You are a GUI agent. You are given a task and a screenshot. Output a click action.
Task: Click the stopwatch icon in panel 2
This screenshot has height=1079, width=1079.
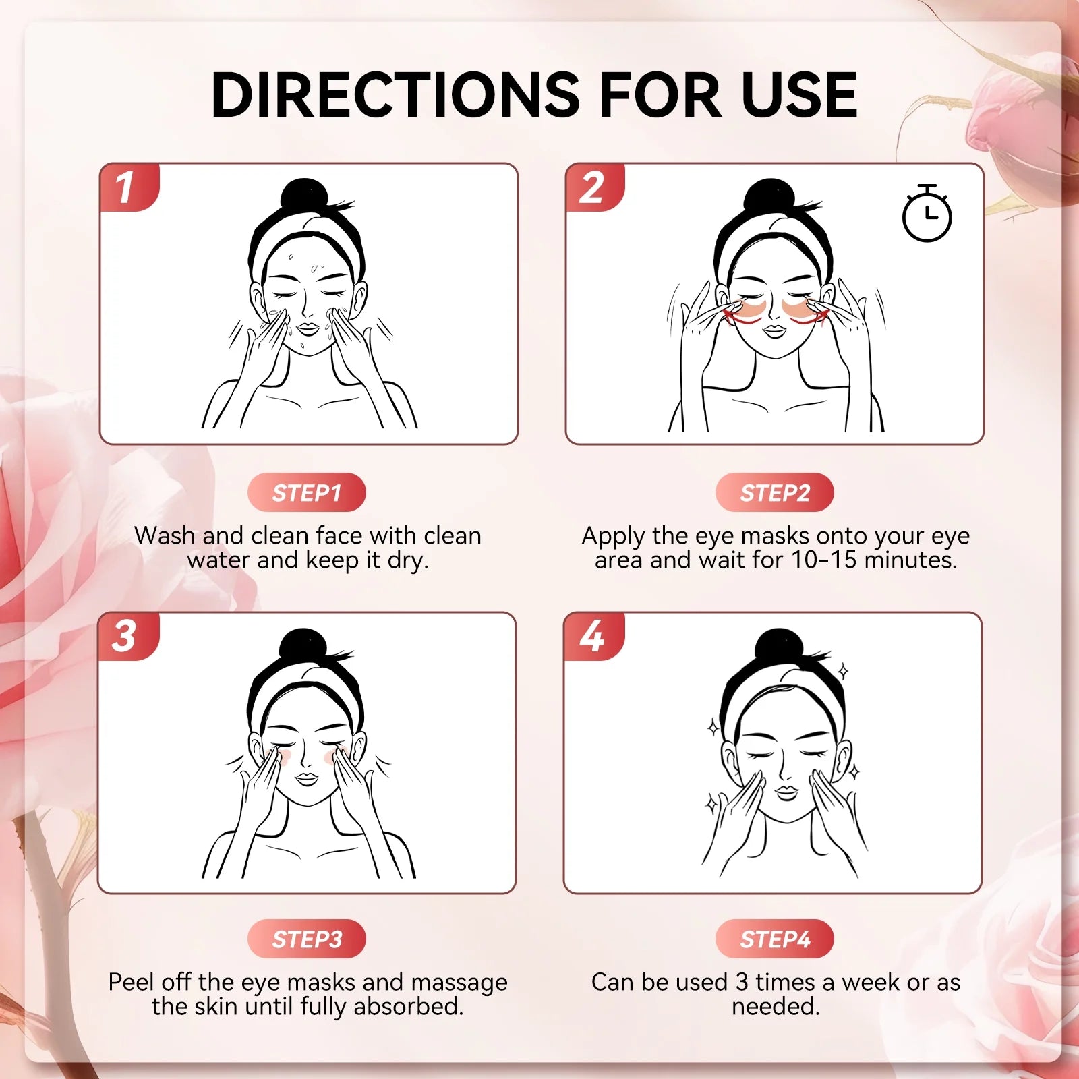[x=927, y=214]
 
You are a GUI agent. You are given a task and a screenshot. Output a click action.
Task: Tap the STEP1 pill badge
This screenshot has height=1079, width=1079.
[x=307, y=493]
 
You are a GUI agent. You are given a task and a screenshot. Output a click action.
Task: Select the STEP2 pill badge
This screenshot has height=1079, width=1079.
[x=775, y=493]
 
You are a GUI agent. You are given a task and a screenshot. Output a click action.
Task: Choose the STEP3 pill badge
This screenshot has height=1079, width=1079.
[x=307, y=939]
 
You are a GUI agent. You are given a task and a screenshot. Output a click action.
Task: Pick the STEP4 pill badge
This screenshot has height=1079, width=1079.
[x=775, y=939]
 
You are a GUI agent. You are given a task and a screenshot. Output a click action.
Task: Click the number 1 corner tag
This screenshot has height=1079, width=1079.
[x=126, y=187]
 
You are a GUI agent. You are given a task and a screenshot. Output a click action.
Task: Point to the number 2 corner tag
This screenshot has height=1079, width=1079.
[x=592, y=187]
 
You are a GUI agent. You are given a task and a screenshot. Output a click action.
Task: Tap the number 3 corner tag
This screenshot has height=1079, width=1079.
[x=125, y=636]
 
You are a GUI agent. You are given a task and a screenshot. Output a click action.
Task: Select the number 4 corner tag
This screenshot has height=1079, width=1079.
[x=591, y=636]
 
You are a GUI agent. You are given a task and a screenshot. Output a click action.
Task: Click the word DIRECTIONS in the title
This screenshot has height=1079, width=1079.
[x=395, y=95]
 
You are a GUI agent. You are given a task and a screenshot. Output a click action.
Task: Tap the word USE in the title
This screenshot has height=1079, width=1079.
[x=798, y=95]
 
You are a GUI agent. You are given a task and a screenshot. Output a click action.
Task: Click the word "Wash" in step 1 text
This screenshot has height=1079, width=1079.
[x=165, y=535]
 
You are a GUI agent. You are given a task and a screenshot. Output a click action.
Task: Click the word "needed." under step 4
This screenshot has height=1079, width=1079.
[x=776, y=1007]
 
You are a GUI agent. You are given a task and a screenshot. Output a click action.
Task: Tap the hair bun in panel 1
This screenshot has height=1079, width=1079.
[x=304, y=196]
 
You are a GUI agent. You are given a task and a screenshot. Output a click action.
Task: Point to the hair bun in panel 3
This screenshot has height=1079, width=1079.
[x=303, y=646]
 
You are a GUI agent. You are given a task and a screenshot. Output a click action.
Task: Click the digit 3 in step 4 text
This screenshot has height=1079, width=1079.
[x=742, y=982]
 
